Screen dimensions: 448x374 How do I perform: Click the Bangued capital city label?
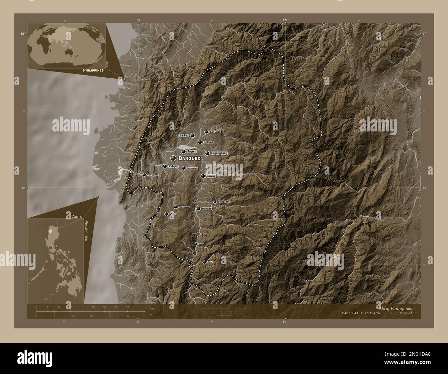190,158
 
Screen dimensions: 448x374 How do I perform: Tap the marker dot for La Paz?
193,136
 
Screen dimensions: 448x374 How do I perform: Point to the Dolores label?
208,142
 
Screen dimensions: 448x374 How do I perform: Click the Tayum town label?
192,151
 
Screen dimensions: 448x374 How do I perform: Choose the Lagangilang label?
219,153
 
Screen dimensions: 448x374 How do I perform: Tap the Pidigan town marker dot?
165,166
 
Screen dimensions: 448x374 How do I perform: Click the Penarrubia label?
192,168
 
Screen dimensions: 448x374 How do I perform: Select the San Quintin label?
153,175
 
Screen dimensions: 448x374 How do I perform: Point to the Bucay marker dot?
203,176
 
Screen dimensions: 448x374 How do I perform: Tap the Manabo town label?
206,209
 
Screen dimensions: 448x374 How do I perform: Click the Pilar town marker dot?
167,214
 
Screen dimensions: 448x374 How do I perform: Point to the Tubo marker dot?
205,262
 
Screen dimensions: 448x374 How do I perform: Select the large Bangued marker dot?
173,158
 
